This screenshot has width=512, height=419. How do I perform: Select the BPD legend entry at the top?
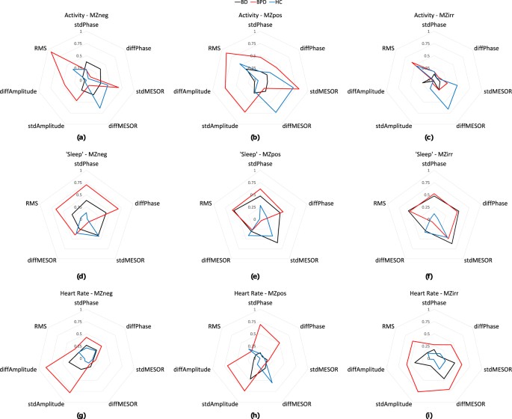click(x=254, y=4)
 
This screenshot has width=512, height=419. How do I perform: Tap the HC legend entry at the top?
click(x=283, y=4)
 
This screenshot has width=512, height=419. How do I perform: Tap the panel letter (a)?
click(x=81, y=138)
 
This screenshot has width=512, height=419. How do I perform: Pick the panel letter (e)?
click(x=256, y=273)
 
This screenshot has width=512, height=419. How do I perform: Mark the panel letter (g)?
click(x=81, y=409)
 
